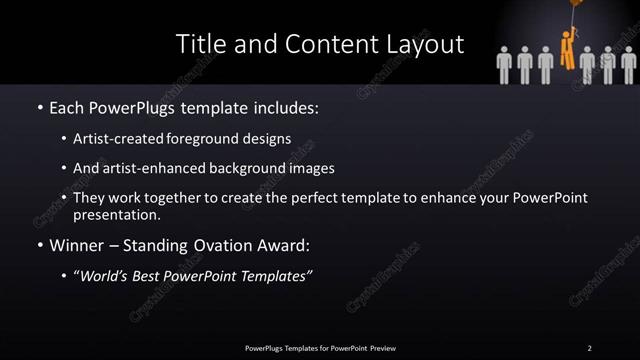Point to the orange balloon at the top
click(x=578, y=4)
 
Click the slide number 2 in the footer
click(x=590, y=347)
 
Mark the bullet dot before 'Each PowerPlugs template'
click(x=39, y=107)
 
